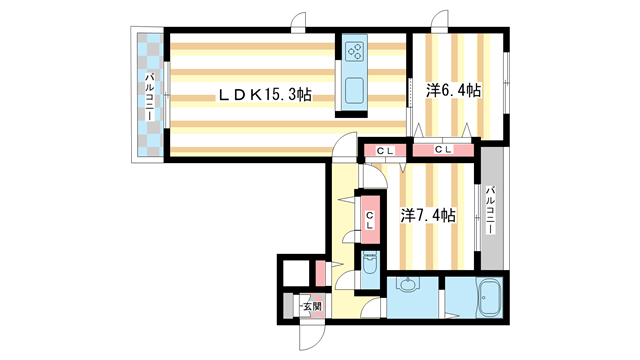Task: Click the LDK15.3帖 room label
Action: [265, 95]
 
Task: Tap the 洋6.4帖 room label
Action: [453, 90]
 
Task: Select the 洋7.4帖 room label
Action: [428, 215]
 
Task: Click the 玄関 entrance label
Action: [312, 306]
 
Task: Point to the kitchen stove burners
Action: [354, 51]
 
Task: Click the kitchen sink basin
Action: [354, 91]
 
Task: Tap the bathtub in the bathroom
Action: [489, 298]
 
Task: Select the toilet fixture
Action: [370, 264]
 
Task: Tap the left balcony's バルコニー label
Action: [150, 96]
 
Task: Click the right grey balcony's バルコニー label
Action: [491, 210]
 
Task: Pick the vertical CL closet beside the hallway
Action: [370, 220]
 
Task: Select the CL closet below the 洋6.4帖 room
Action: [443, 150]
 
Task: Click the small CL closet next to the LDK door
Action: [385, 151]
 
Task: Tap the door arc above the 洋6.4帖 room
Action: [440, 20]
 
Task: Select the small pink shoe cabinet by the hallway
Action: [320, 273]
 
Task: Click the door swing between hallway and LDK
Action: [344, 145]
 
